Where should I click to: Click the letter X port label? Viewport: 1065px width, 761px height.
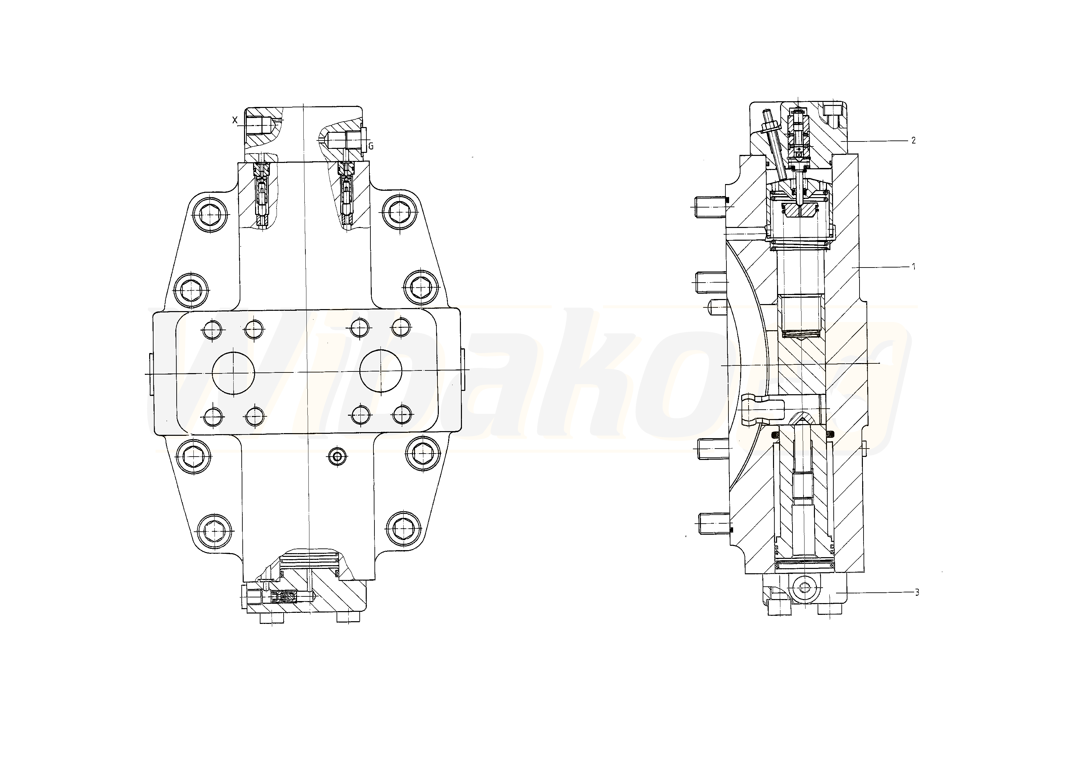click(235, 120)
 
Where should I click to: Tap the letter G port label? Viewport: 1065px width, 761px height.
click(371, 146)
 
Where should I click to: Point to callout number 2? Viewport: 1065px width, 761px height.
click(913, 140)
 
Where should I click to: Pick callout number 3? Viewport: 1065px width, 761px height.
click(917, 592)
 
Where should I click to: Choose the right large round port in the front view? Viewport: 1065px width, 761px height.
click(381, 371)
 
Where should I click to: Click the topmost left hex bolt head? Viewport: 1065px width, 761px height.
click(210, 215)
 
